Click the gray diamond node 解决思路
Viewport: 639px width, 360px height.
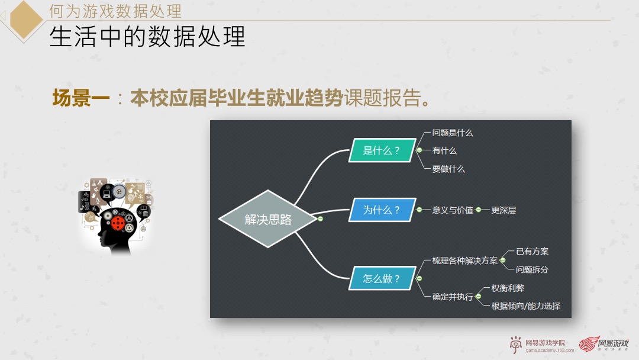(268, 219)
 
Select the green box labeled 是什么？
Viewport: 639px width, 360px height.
(381, 150)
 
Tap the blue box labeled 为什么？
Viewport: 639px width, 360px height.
(381, 210)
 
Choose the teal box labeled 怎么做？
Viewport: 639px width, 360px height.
(381, 278)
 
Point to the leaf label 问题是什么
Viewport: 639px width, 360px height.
(453, 133)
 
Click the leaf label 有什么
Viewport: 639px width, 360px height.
(444, 150)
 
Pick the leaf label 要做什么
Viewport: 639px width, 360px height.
(448, 169)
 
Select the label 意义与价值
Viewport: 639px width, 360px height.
(453, 210)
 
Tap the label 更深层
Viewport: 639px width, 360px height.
(504, 210)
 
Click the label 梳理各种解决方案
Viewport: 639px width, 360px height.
(465, 260)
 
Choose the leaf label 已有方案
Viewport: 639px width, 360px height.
(532, 251)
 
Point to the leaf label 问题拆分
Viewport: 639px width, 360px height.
(532, 269)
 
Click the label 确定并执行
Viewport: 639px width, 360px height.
(453, 297)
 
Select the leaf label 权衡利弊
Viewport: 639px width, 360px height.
(508, 288)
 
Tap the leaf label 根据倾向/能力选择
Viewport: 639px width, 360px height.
(525, 306)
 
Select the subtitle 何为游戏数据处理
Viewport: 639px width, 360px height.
(115, 11)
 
